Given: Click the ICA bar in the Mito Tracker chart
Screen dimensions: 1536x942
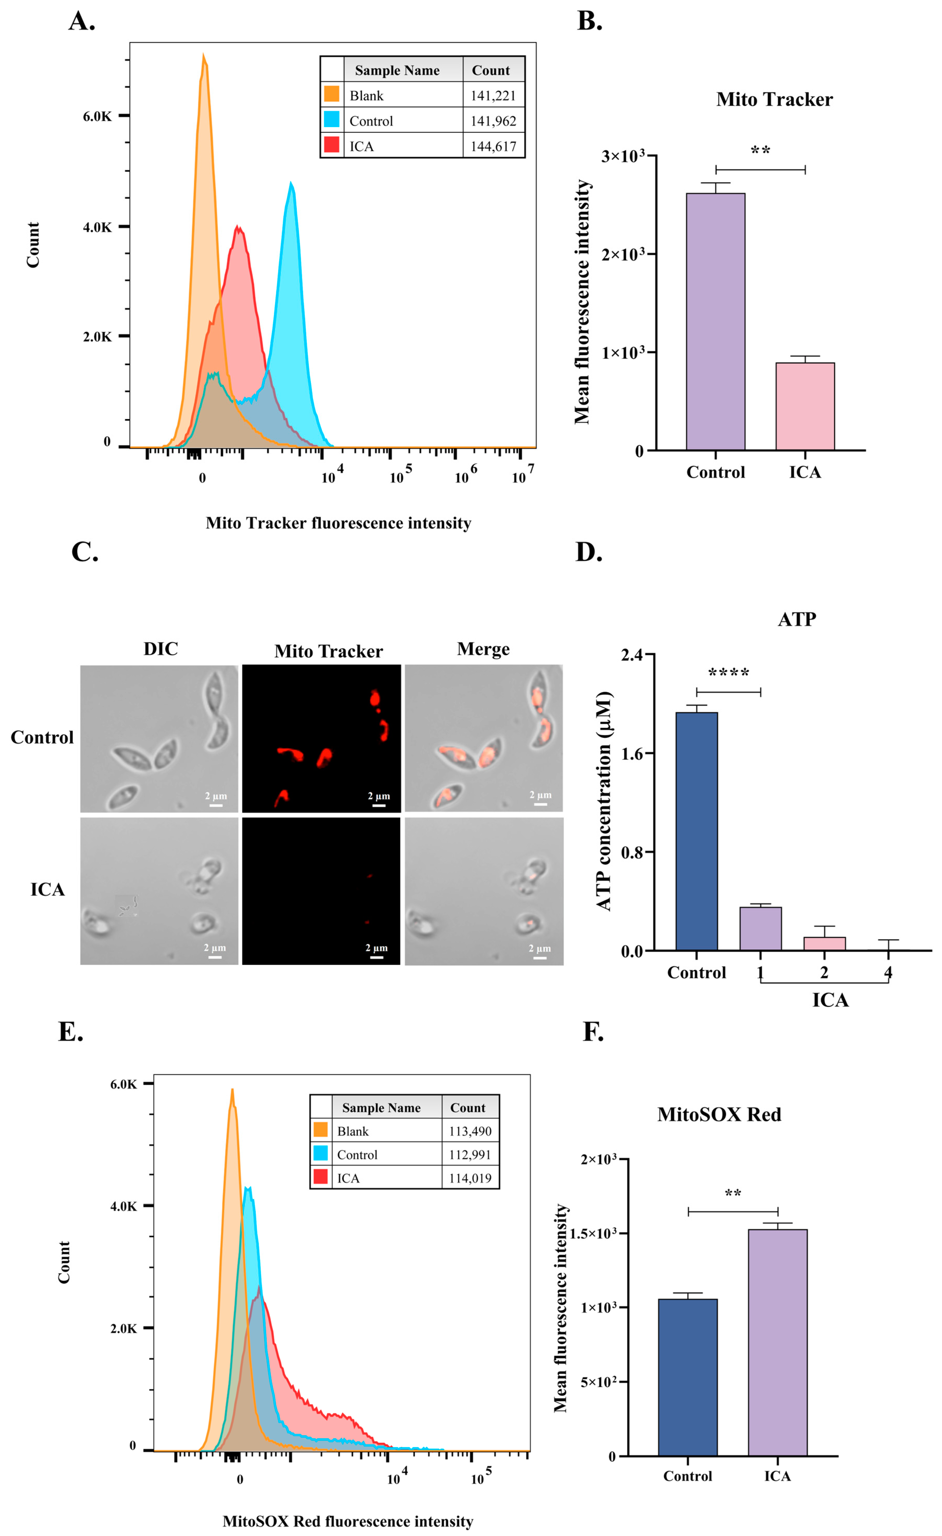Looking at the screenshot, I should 805,406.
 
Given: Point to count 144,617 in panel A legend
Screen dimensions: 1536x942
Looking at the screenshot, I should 493,146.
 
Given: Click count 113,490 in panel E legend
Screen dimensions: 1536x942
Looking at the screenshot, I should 470,1131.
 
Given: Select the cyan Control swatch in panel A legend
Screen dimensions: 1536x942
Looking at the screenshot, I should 332,120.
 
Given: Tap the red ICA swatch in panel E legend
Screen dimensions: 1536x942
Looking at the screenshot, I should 320,1177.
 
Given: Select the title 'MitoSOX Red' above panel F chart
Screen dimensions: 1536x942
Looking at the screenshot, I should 719,1114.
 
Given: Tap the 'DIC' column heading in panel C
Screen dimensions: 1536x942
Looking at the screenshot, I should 161,649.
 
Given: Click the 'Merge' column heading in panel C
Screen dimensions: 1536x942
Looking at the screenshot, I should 483,649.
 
